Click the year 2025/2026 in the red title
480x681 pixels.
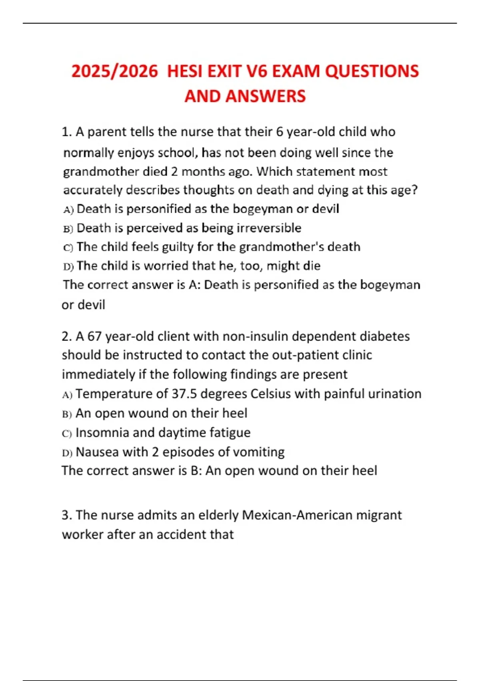coord(115,72)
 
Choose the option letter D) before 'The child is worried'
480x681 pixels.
coord(68,266)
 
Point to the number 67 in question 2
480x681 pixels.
coord(94,336)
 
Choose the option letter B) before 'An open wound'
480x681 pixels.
coord(67,414)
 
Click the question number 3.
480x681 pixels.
coord(67,515)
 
